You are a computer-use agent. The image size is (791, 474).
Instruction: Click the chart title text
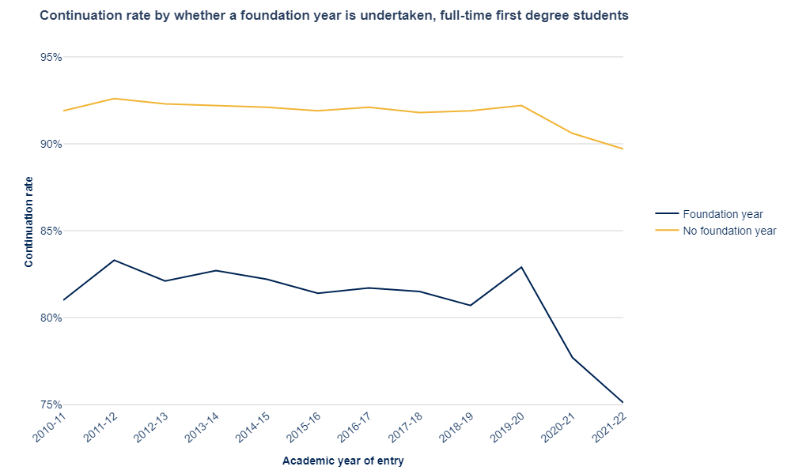point(334,15)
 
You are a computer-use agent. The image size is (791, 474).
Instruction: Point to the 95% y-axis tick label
point(51,58)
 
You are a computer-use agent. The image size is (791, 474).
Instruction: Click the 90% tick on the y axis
point(51,144)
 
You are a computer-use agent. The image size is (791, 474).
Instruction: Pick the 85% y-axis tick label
point(51,231)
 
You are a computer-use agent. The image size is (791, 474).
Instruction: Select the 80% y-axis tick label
point(51,318)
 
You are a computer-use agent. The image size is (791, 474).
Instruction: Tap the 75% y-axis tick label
point(51,404)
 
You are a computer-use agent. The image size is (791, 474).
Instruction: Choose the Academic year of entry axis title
point(343,461)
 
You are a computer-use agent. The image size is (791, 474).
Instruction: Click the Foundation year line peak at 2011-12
point(114,260)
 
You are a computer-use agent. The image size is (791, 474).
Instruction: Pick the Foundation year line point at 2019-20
point(521,267)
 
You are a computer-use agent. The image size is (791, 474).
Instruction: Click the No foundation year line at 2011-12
point(114,99)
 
